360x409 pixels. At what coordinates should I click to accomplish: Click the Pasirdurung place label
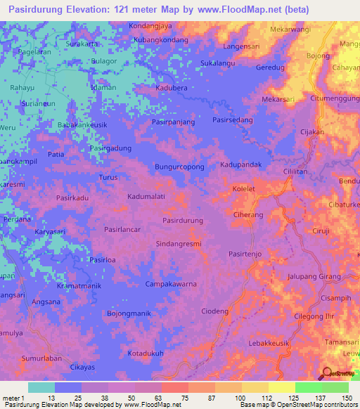tap(183, 221)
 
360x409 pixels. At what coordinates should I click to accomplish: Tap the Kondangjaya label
tap(150, 26)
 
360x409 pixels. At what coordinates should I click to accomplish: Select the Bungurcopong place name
tap(179, 167)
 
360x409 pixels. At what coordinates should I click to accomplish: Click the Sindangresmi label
tap(178, 244)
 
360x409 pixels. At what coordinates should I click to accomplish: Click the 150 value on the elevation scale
tap(346, 398)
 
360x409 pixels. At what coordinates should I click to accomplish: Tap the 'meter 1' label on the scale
tap(13, 398)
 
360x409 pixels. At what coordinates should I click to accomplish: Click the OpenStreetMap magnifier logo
tap(327, 372)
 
